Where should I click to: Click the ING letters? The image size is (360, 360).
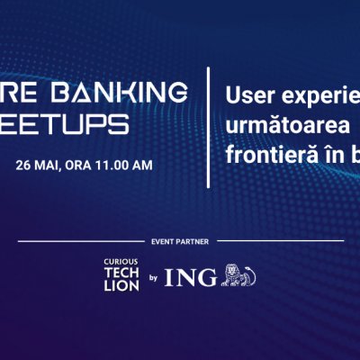pyautogui.click(x=197, y=275)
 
